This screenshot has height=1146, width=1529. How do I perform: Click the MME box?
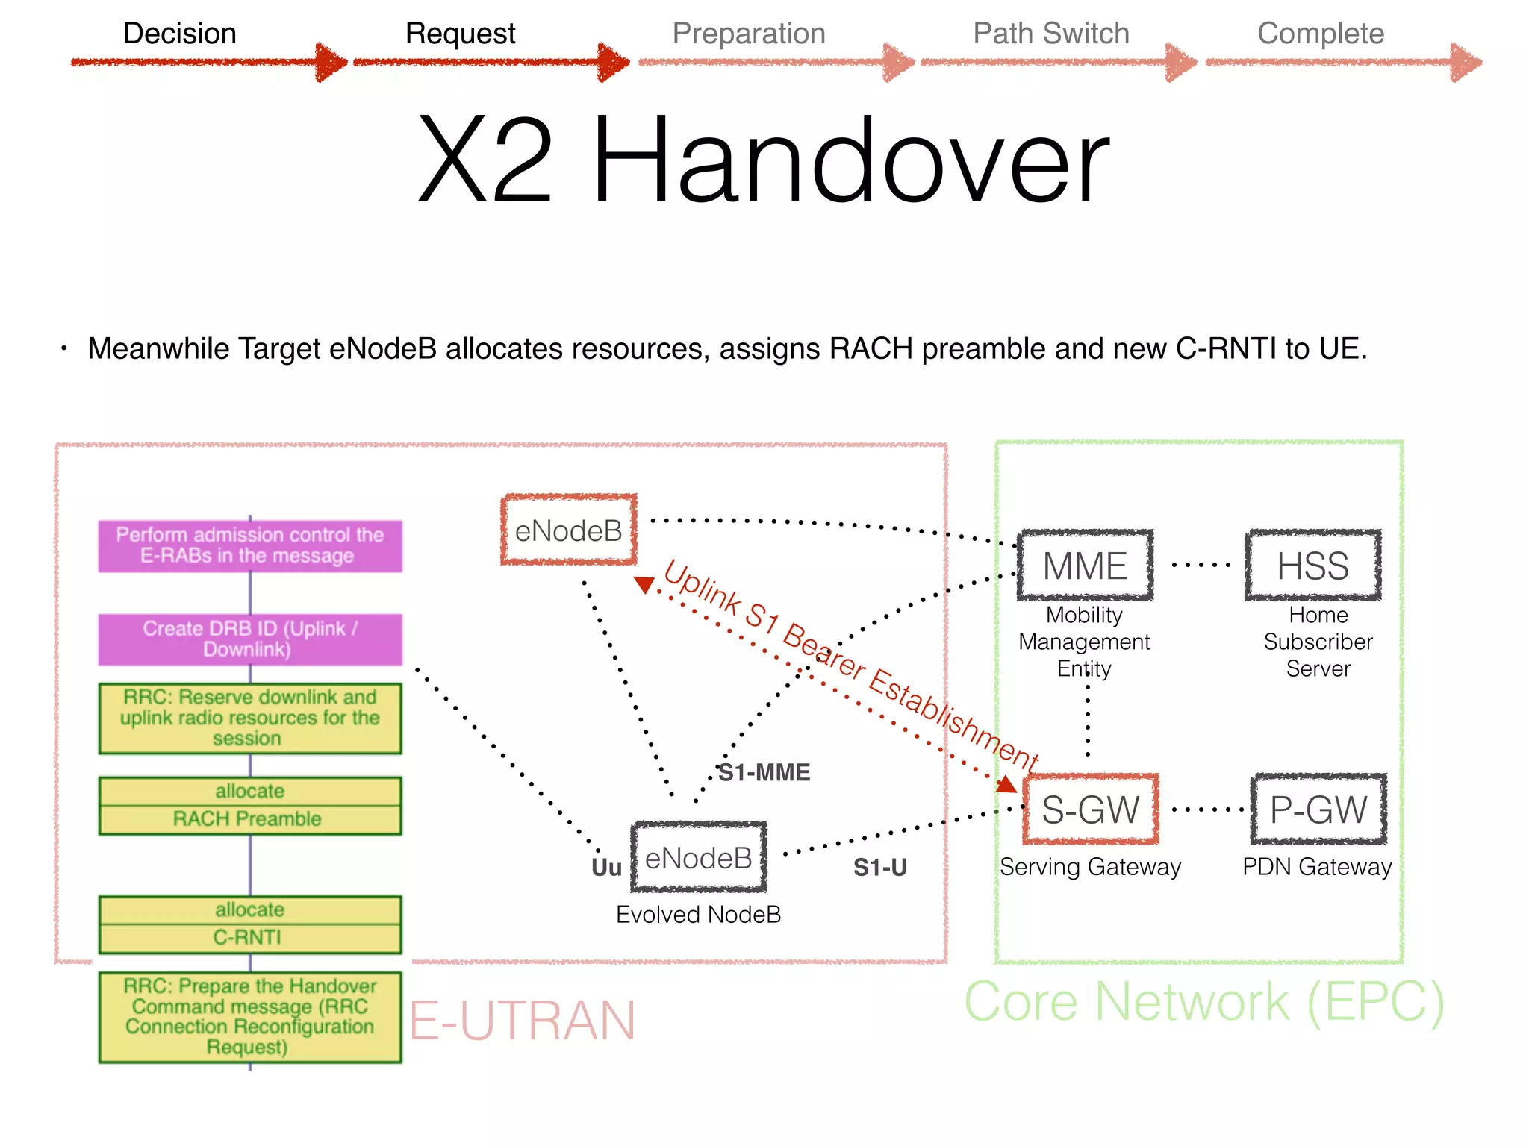pyautogui.click(x=1085, y=566)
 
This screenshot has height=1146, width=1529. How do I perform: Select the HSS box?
pyautogui.click(x=1312, y=566)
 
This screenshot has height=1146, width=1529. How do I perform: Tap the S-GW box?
pyautogui.click(x=1090, y=810)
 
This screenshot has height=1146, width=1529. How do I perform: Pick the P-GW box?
pyautogui.click(x=1318, y=810)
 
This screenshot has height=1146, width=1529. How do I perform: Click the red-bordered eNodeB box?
pyautogui.click(x=569, y=530)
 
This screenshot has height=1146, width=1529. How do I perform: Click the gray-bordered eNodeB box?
pyautogui.click(x=699, y=858)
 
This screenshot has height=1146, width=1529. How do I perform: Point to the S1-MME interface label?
pyautogui.click(x=764, y=772)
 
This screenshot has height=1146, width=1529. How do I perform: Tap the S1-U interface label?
pyautogui.click(x=879, y=868)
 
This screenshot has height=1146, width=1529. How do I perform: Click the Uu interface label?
pyautogui.click(x=606, y=868)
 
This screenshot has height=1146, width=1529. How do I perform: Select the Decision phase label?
pyautogui.click(x=179, y=34)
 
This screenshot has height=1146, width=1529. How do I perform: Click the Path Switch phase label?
pyautogui.click(x=1050, y=34)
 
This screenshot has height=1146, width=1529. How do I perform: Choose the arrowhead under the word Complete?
pyautogui.click(x=1466, y=63)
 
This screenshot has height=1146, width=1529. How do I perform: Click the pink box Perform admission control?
pyautogui.click(x=250, y=545)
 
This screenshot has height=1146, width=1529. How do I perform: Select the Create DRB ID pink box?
pyautogui.click(x=250, y=639)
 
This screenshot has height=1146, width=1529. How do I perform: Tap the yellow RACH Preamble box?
pyautogui.click(x=250, y=806)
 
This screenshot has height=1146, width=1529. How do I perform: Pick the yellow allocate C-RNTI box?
pyautogui.click(x=250, y=924)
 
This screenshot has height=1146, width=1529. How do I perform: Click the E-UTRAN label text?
pyautogui.click(x=523, y=1021)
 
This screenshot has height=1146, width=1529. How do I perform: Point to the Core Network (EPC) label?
pyautogui.click(x=1204, y=1002)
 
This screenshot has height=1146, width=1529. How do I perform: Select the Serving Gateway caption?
pyautogui.click(x=1090, y=867)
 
